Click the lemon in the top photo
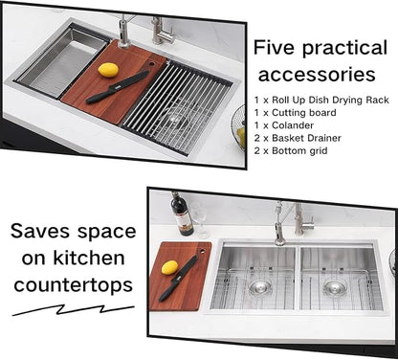[108, 70]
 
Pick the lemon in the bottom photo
[169, 267]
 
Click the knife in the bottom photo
[179, 278]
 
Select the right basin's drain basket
[334, 287]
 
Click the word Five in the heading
[276, 49]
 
